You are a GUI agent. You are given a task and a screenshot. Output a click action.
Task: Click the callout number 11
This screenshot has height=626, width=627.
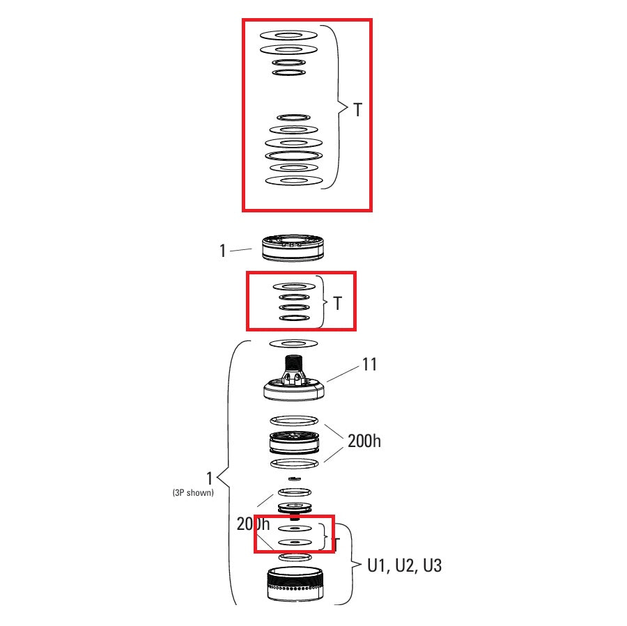(x=369, y=364)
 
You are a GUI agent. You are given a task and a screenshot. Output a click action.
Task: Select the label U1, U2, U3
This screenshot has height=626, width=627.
(x=404, y=565)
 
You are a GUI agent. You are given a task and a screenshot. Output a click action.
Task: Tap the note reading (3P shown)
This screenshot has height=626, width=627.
(x=193, y=492)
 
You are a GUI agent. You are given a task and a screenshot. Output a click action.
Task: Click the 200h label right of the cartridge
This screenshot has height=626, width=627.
(x=364, y=441)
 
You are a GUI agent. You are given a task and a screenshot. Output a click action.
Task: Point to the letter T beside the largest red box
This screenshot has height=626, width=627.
(x=357, y=110)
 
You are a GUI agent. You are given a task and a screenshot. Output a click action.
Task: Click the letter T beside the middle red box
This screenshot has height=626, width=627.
(x=338, y=304)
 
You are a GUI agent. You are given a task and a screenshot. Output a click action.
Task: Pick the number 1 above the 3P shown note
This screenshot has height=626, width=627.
(x=209, y=478)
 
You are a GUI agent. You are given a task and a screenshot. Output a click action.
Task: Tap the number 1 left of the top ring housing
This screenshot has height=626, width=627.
(x=223, y=251)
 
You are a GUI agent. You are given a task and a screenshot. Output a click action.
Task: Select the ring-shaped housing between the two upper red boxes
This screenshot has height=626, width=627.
(x=293, y=248)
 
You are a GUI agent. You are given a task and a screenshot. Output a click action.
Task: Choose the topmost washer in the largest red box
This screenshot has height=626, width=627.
(x=288, y=35)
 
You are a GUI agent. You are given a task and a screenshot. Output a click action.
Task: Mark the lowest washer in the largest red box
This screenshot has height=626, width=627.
(x=293, y=181)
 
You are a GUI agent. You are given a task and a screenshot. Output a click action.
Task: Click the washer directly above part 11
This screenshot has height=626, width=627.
(x=293, y=343)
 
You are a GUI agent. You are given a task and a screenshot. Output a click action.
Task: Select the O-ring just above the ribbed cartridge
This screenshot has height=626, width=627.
(x=293, y=421)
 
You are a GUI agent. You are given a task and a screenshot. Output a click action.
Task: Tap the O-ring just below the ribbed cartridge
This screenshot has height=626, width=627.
(x=293, y=463)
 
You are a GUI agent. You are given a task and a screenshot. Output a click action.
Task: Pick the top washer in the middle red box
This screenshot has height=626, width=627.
(x=293, y=286)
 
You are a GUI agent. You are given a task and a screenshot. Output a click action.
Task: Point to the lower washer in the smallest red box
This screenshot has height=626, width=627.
(x=293, y=541)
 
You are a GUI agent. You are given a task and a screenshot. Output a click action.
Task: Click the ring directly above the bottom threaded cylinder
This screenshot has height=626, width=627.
(x=293, y=557)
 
